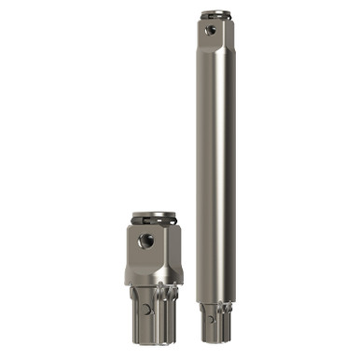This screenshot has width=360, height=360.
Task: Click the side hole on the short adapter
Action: [x=145, y=242]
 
